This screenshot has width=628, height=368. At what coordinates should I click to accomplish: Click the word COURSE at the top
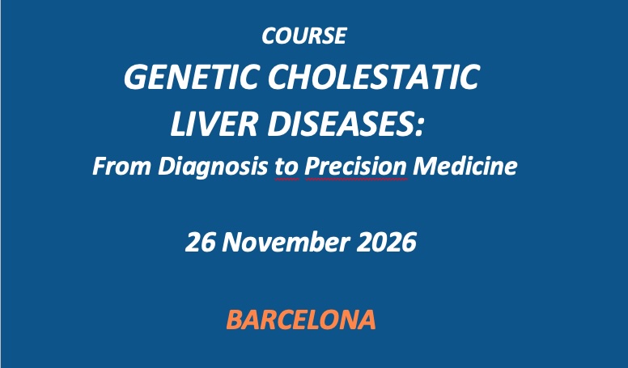point(304,36)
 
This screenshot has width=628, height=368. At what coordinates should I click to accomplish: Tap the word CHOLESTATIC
point(373,77)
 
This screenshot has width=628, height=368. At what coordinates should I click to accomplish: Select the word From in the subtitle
point(121,166)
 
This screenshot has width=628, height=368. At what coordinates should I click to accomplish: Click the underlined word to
point(286,167)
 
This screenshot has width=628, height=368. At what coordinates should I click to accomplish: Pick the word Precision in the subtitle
point(355,167)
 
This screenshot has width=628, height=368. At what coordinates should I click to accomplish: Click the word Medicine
point(465,166)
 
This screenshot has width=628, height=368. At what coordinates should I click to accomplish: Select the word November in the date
point(286,243)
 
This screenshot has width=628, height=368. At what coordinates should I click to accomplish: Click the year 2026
point(386,243)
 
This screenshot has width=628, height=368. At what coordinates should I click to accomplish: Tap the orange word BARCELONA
point(301,319)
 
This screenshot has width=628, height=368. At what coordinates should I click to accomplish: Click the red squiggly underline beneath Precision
point(356,180)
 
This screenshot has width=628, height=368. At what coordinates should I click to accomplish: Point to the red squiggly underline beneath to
point(286,180)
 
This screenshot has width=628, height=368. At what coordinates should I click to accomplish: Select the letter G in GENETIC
point(135,77)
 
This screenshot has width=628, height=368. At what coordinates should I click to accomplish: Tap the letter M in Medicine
point(426,166)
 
